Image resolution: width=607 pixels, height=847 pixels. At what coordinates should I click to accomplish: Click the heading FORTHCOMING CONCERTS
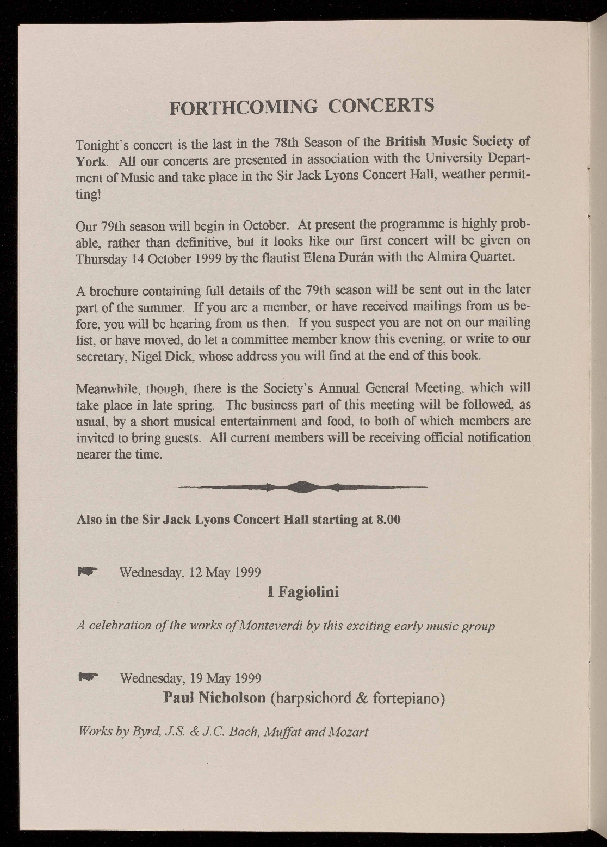coord(302,106)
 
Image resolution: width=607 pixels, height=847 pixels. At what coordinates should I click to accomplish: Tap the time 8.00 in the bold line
coord(388,519)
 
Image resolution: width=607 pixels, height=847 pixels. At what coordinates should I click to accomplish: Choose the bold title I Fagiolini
coord(303,591)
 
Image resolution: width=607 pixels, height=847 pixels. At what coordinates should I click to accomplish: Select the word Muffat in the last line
coord(282,732)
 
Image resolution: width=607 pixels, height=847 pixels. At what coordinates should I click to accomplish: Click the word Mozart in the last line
coord(349,732)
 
